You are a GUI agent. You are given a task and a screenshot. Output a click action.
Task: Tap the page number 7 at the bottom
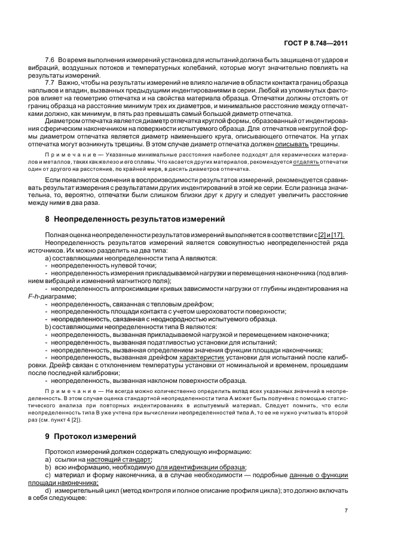click(x=347, y=511)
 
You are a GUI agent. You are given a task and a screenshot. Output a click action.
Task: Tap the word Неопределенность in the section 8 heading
click(x=93, y=218)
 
